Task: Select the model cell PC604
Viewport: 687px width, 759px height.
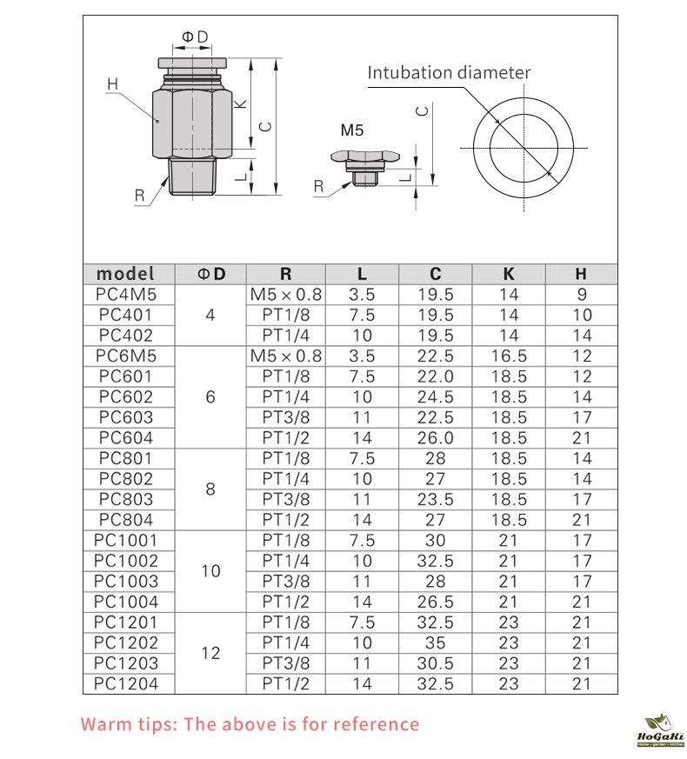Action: point(127,437)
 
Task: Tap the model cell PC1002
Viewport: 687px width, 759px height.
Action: point(127,561)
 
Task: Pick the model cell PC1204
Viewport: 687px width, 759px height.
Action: point(127,683)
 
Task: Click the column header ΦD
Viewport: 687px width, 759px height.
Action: point(210,274)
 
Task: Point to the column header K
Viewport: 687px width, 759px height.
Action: point(509,274)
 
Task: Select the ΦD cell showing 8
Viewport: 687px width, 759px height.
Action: point(210,489)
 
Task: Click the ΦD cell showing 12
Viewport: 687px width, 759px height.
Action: point(210,653)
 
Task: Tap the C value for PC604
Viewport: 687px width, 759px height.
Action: point(436,437)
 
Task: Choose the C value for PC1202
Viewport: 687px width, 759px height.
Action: point(436,642)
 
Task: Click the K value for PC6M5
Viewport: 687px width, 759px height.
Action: point(509,356)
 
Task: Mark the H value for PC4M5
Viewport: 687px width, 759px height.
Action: point(582,295)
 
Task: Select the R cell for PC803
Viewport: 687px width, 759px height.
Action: point(286,499)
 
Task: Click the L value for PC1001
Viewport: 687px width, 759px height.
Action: point(363,540)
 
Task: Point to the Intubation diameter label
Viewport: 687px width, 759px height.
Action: point(448,72)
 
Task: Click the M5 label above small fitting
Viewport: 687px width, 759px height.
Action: point(351,131)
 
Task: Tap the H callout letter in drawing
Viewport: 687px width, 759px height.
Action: point(112,84)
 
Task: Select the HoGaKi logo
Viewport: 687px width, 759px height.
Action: point(661,730)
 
